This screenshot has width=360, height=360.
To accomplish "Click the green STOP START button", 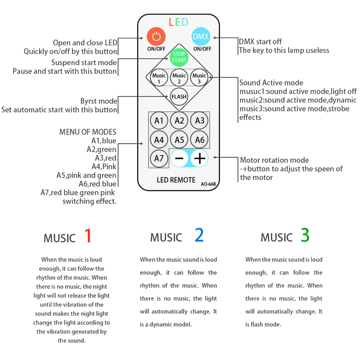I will pos(179,57).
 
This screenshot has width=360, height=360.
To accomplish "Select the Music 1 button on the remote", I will pos(159,78).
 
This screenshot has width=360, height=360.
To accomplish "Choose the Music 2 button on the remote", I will pos(179,78).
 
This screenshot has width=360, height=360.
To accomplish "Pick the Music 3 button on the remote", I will pos(199,78).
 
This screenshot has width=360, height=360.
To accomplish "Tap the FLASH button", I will pos(179,97).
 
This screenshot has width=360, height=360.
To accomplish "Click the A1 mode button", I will pos(159,121).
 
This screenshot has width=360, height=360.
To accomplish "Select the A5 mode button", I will pos(179,140).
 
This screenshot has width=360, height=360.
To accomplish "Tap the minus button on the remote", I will pos(179,159).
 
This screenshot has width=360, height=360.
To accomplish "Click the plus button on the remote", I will pos(200,159).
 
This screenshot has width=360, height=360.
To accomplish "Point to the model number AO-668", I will pos(208,184).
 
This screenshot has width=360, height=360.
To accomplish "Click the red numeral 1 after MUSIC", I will pos(88,236).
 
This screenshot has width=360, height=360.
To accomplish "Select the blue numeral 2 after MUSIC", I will pos(199,236).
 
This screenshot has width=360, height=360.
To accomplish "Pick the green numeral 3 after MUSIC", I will pos(305,236).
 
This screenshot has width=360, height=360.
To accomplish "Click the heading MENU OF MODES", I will pos(88,132).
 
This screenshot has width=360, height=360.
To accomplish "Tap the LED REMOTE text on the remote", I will pos(176,180).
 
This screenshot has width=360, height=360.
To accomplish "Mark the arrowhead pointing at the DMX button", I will pos(216,37).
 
